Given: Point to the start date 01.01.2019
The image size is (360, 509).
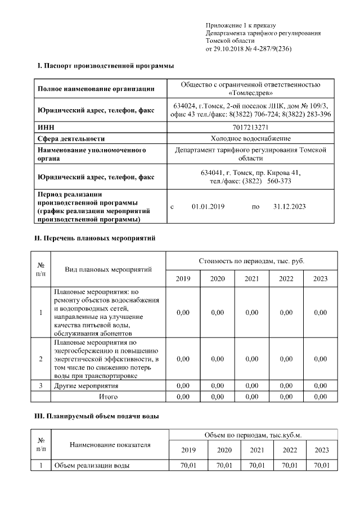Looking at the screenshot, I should click(208, 207).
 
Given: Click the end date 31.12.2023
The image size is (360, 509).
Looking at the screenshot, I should click(289, 207).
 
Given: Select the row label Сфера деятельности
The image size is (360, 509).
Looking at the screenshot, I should click(71, 138).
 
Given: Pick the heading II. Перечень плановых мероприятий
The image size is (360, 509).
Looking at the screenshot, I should click(96, 238).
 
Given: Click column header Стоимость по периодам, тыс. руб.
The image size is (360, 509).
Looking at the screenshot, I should click(251, 262).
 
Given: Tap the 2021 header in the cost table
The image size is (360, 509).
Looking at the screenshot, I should click(251, 279).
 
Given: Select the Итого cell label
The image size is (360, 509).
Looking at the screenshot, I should click(108, 397).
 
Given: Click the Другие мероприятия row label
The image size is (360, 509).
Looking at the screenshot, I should click(86, 386).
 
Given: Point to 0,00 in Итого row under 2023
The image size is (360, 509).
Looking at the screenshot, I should click(320, 397).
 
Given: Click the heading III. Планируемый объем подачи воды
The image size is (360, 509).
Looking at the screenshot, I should click(97, 417).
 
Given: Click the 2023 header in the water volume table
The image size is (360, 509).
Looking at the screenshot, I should click(321, 450).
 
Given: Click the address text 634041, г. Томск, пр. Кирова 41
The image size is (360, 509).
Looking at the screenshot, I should click(251, 173).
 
